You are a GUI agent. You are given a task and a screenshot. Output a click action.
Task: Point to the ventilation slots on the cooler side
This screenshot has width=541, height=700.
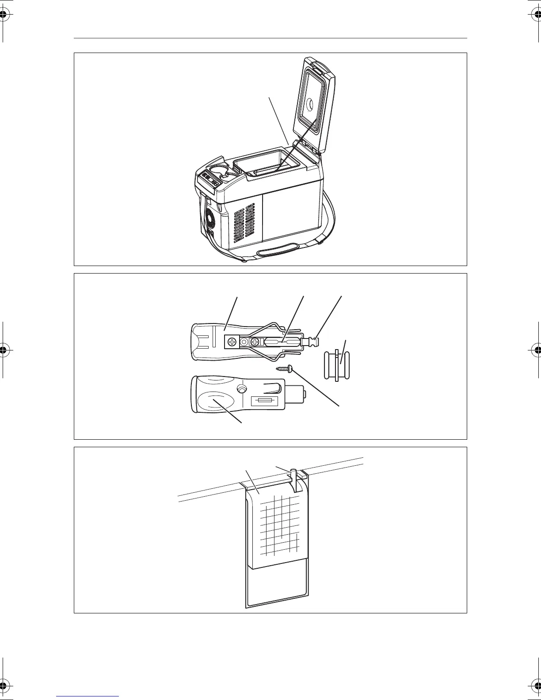pyautogui.click(x=244, y=225)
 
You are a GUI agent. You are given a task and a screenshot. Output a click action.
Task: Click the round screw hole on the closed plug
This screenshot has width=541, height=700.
pyautogui.click(x=241, y=389)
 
